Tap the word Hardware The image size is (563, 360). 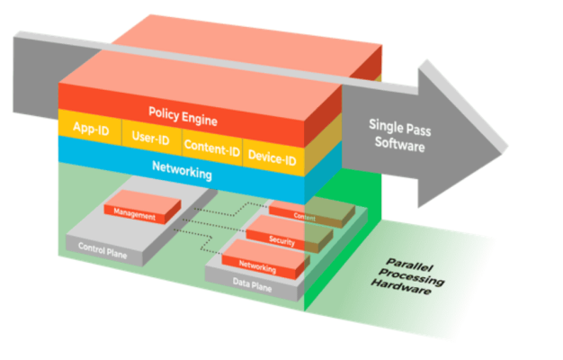coord(400,291)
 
